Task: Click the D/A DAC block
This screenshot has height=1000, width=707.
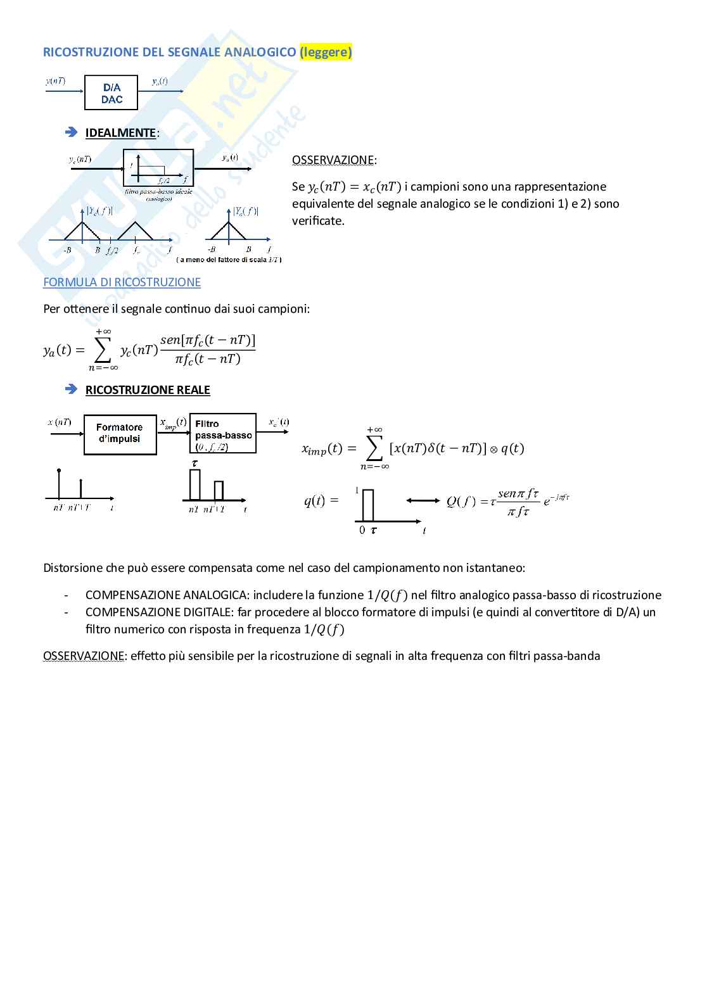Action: (111, 93)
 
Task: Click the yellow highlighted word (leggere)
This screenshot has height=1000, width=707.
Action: (326, 53)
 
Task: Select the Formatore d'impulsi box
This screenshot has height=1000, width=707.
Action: (120, 433)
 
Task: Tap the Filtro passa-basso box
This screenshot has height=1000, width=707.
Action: (223, 433)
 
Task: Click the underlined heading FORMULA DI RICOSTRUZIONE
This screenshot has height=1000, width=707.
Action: (122, 282)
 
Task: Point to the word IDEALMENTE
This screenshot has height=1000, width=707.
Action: (120, 132)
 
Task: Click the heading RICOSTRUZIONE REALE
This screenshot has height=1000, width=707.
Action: (148, 390)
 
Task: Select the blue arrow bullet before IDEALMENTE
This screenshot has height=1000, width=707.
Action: (71, 132)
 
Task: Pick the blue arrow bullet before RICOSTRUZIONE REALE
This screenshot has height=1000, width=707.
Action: (71, 389)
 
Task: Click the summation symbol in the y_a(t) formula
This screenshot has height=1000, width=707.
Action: (103, 348)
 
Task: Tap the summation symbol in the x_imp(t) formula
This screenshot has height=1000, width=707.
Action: (374, 448)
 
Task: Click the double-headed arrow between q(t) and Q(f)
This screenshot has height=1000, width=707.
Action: (423, 500)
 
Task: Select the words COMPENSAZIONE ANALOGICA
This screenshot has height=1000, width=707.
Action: (166, 595)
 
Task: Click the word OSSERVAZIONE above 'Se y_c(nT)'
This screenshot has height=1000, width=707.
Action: (333, 160)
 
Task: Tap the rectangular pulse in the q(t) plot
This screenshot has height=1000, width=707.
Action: (368, 504)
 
